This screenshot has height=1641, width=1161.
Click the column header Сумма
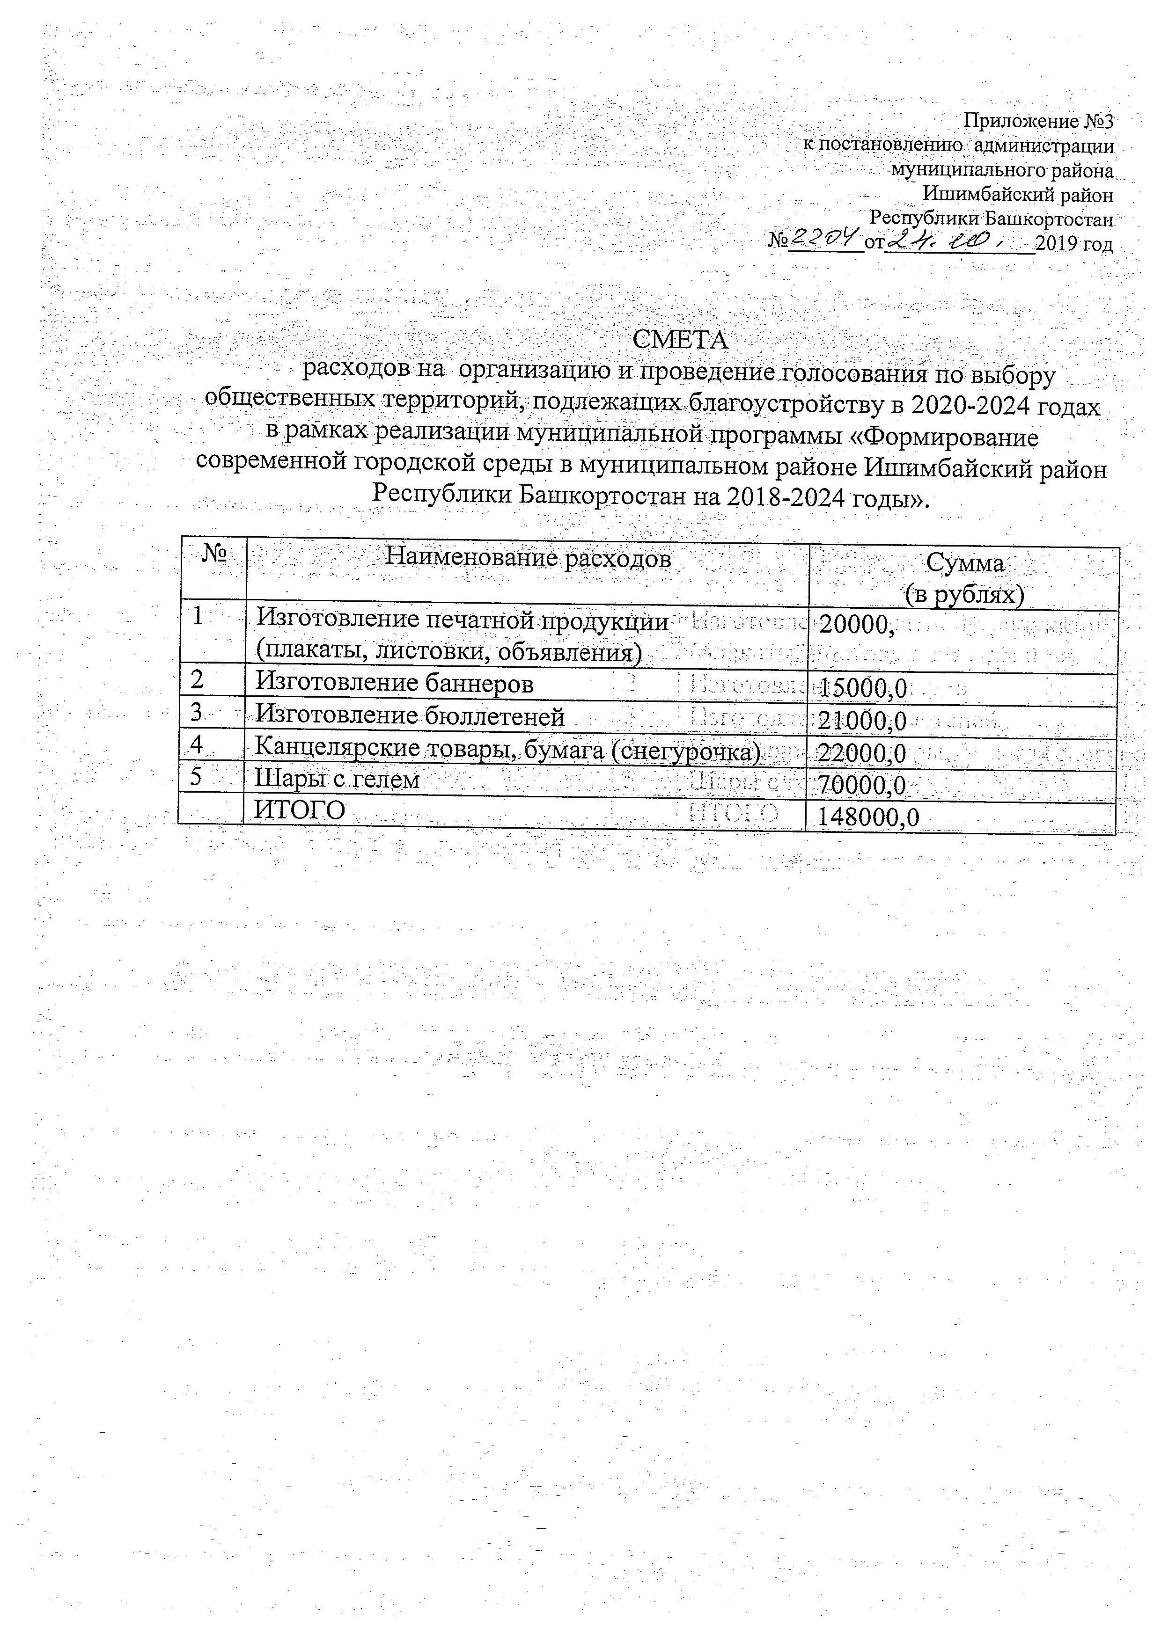pos(964,564)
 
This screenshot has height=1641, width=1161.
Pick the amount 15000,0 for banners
pos(863,688)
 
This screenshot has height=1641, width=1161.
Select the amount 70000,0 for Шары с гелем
pos(861,786)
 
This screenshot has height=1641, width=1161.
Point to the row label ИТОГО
pos(300,810)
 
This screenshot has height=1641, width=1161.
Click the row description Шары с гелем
pos(337,779)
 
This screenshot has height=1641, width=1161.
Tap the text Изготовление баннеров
pos(395,684)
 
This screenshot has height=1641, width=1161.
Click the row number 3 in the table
pos(197,712)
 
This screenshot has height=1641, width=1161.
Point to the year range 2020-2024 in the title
pos(969,406)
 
